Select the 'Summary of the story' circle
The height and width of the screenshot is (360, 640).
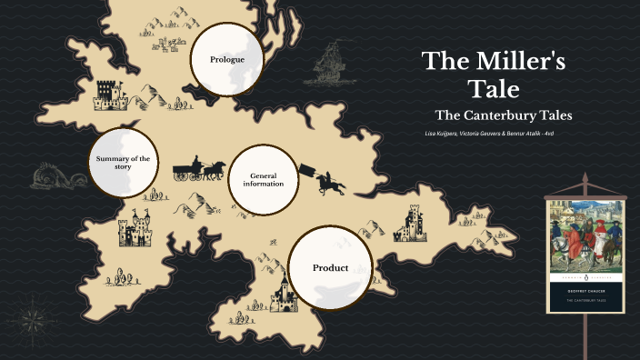(x=122, y=164)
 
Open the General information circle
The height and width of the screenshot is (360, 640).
(x=263, y=179)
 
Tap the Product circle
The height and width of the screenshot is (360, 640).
(x=331, y=268)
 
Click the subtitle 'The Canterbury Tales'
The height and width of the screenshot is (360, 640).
(x=503, y=115)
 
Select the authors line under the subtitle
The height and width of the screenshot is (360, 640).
(x=489, y=134)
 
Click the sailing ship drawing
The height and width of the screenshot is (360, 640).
(x=332, y=66)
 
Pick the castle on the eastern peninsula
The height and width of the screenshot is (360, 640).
(x=411, y=223)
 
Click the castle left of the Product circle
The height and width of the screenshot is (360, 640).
(x=282, y=295)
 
